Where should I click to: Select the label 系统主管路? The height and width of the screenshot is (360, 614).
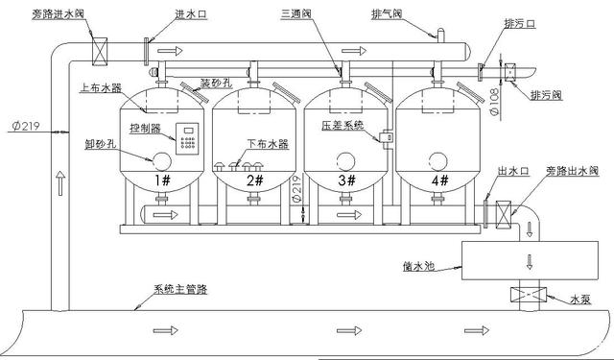point(179,290)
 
